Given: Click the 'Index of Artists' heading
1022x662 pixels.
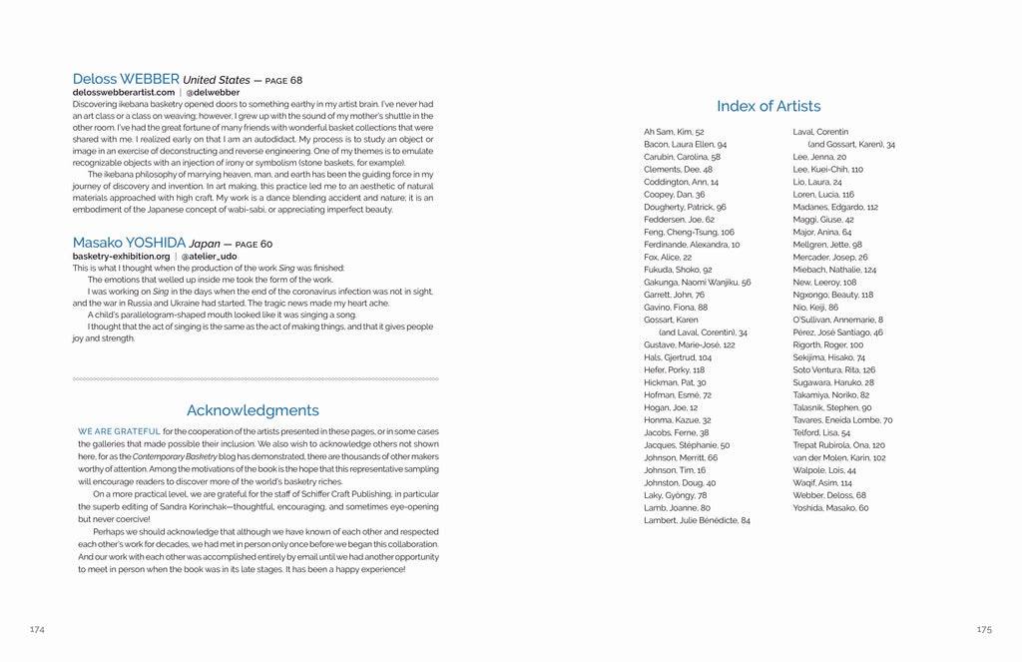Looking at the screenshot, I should (x=768, y=106).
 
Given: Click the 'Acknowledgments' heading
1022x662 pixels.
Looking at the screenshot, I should (x=253, y=410).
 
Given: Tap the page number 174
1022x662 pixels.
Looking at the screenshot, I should (x=37, y=629).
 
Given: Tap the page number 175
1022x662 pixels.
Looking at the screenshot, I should (x=984, y=629).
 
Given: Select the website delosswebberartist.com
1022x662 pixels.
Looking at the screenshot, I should (x=124, y=92).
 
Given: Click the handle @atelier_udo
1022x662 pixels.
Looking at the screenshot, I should (x=211, y=256).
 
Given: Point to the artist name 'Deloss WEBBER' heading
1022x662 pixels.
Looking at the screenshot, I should (x=126, y=78).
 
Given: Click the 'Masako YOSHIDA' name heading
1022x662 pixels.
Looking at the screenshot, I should (x=129, y=243).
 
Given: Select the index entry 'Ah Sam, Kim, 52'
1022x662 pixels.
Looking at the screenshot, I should (x=674, y=132).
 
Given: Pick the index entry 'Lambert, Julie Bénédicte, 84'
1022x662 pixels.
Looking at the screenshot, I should (x=697, y=520).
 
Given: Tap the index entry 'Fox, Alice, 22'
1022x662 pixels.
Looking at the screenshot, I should (x=668, y=257).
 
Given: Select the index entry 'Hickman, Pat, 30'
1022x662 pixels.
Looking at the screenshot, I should (x=675, y=382).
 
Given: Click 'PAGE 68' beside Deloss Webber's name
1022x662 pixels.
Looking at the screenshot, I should (x=281, y=80).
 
